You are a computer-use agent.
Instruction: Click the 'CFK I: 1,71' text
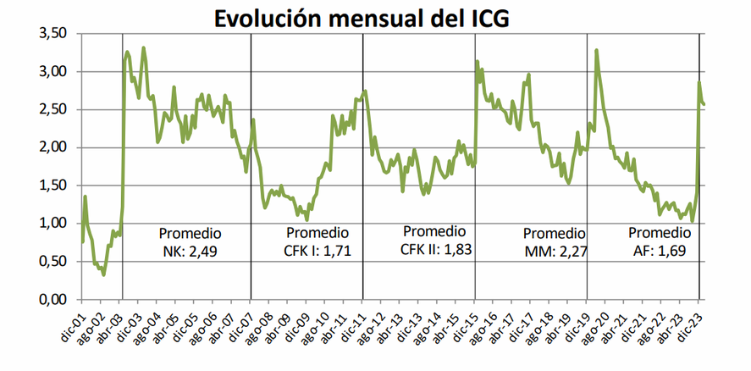pos(318,251)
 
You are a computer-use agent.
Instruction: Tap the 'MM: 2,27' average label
pos(555,251)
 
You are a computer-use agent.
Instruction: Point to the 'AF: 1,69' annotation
pos(659,251)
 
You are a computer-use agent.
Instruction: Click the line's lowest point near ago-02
pos(103,274)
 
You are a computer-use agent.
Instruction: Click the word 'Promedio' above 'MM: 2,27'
pos(554,233)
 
